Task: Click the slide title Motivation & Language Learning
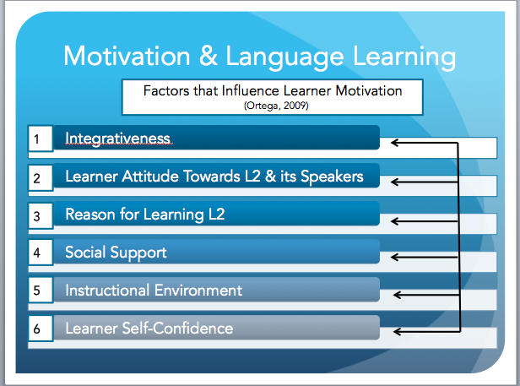259,57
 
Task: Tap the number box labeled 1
37,139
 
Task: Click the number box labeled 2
37,177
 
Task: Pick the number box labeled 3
37,215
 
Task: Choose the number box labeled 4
37,253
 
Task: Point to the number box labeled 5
37,291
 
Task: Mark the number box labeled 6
37,329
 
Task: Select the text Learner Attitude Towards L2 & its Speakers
214,177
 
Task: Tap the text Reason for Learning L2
145,215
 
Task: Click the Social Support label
116,253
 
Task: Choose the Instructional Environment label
154,291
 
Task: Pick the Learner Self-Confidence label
149,328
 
